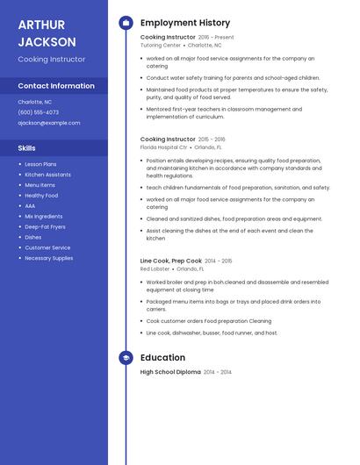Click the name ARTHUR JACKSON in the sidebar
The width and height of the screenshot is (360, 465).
(47, 32)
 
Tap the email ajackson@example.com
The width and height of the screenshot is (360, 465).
(48, 123)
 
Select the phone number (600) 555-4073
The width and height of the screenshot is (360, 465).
(39, 112)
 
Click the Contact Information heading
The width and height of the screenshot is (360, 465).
(56, 86)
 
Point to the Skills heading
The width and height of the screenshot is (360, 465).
(27, 148)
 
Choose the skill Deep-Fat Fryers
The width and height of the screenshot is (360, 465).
(46, 226)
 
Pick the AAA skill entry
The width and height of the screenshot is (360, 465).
(30, 205)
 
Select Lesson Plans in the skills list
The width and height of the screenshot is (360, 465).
(40, 164)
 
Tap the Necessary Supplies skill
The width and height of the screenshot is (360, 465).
(48, 258)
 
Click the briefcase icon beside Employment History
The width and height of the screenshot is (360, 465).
(126, 23)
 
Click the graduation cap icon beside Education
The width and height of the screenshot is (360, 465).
(126, 358)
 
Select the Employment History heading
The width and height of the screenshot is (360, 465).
(185, 23)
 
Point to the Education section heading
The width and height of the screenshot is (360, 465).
(162, 358)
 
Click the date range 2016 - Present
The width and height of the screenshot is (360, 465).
(216, 38)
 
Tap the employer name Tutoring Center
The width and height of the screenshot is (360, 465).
(160, 45)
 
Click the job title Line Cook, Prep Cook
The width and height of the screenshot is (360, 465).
(171, 261)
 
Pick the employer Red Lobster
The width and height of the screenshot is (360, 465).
(155, 268)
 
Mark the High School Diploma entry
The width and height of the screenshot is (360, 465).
(170, 372)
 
